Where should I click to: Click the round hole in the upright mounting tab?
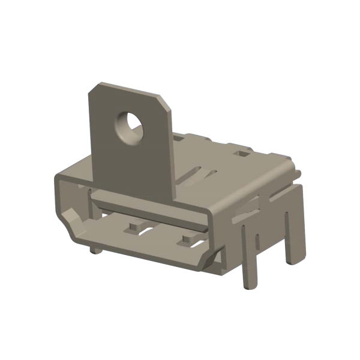pos(130,126)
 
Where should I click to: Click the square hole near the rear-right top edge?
pos(242,154)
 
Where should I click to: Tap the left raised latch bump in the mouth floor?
pos(133,229)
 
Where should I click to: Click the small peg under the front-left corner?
pos(95,249)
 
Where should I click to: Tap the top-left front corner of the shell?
pos(56,178)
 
